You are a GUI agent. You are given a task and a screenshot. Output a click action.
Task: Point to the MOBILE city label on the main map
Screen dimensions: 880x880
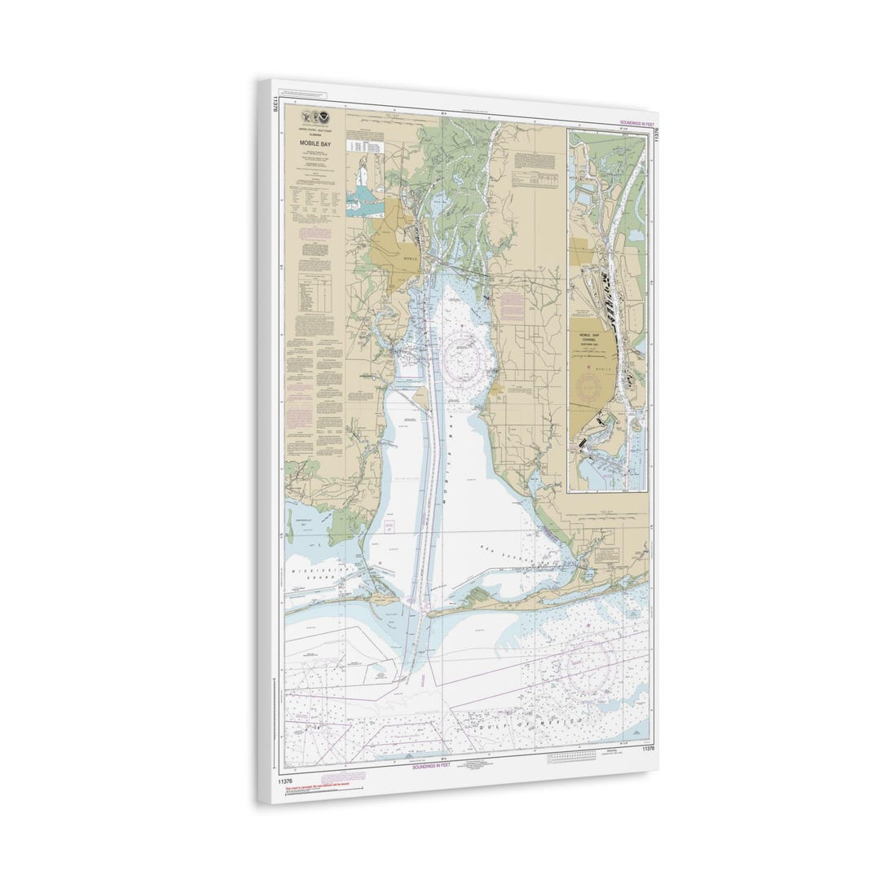click(411, 258)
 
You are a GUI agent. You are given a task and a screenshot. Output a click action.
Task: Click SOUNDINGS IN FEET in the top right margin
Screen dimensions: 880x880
click(638, 122)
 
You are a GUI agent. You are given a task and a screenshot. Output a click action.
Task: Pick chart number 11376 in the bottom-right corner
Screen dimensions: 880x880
click(648, 748)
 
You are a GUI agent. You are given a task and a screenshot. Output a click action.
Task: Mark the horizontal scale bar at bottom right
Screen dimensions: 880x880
click(577, 757)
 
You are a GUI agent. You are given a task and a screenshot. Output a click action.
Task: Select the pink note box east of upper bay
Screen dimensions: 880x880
click(513, 306)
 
